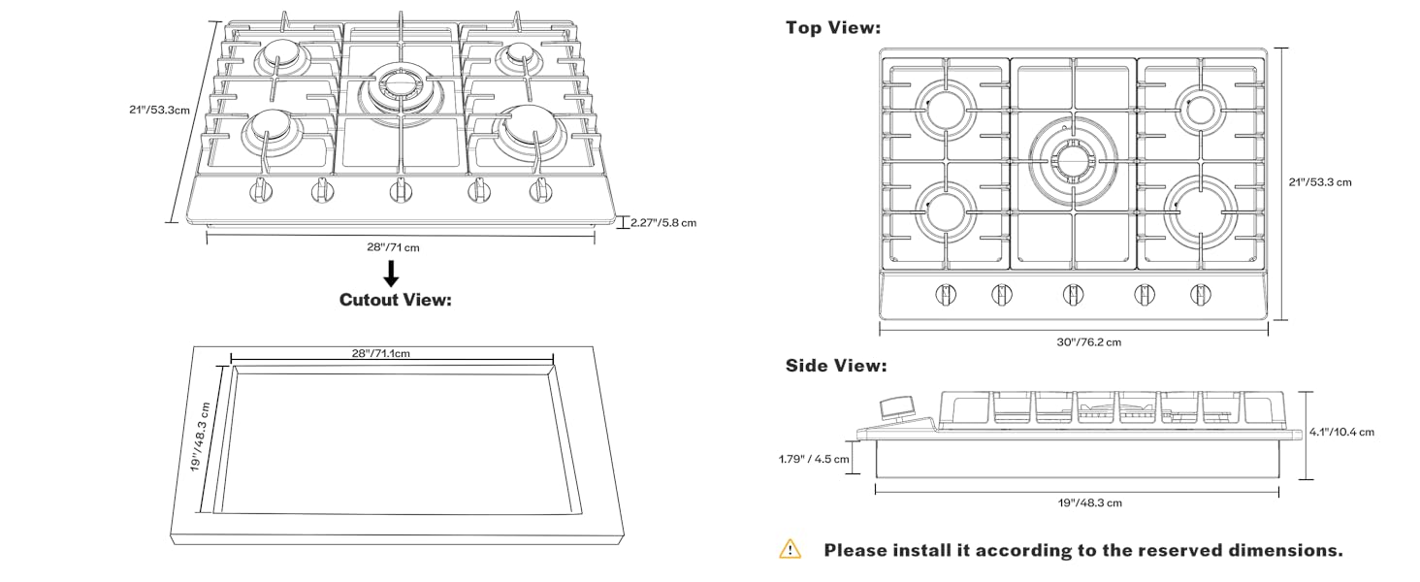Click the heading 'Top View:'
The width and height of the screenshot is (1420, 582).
[x=833, y=28]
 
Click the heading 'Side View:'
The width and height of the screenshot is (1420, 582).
[x=835, y=367]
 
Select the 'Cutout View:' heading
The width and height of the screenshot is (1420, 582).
[x=396, y=300]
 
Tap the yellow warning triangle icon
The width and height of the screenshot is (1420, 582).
[x=791, y=549]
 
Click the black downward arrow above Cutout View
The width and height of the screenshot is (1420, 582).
[x=391, y=273]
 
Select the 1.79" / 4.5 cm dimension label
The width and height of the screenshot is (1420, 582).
[x=813, y=459]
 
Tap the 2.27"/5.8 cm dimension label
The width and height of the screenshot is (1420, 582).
[x=663, y=222]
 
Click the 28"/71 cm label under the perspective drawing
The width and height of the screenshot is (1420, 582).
[x=393, y=247]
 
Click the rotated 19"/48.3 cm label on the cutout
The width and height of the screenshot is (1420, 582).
[x=200, y=437]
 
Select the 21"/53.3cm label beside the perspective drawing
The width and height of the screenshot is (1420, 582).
[x=159, y=110]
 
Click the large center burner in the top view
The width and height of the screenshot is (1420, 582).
[x=1073, y=157]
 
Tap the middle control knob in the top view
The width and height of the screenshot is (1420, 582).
[x=1073, y=293]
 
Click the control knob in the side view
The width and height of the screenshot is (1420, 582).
[x=897, y=409]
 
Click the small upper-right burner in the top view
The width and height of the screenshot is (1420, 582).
[x=1199, y=107]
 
